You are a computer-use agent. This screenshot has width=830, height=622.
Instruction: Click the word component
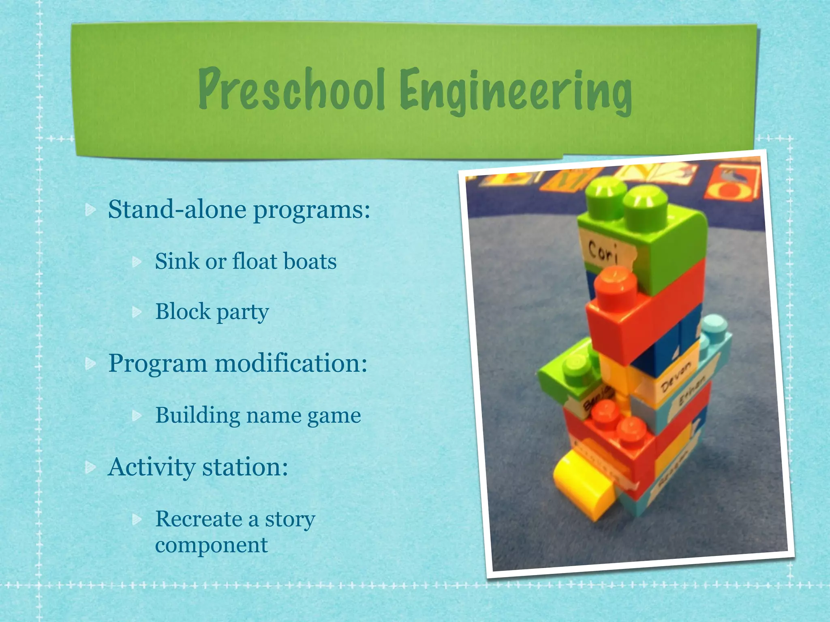coord(211,545)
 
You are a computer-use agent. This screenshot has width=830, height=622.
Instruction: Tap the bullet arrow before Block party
coord(137,312)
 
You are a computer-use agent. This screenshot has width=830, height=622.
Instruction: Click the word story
coord(290,520)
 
